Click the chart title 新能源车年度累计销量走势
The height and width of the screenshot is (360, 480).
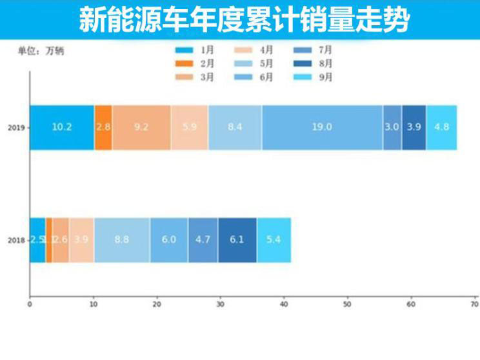[243, 20]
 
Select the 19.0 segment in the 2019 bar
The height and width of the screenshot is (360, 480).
[322, 127]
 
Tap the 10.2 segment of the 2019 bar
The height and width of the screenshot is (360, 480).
[62, 127]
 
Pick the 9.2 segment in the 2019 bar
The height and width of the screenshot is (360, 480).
[141, 127]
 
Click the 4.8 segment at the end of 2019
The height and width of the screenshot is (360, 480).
[442, 127]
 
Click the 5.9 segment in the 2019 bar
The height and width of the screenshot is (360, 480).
[190, 127]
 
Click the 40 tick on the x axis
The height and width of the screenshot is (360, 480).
[284, 303]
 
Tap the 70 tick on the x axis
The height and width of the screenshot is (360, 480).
[474, 303]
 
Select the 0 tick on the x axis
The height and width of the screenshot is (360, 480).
[30, 303]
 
